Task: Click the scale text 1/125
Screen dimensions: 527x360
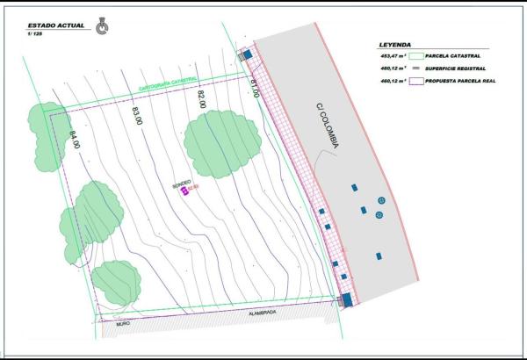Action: (35, 36)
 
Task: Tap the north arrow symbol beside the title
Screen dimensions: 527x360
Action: (102, 29)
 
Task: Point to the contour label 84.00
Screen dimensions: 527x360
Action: (74, 140)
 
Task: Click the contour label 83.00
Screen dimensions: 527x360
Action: (137, 116)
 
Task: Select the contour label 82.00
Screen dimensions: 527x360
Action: (201, 99)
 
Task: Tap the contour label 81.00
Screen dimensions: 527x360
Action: (255, 88)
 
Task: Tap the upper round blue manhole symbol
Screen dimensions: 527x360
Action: (380, 199)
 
